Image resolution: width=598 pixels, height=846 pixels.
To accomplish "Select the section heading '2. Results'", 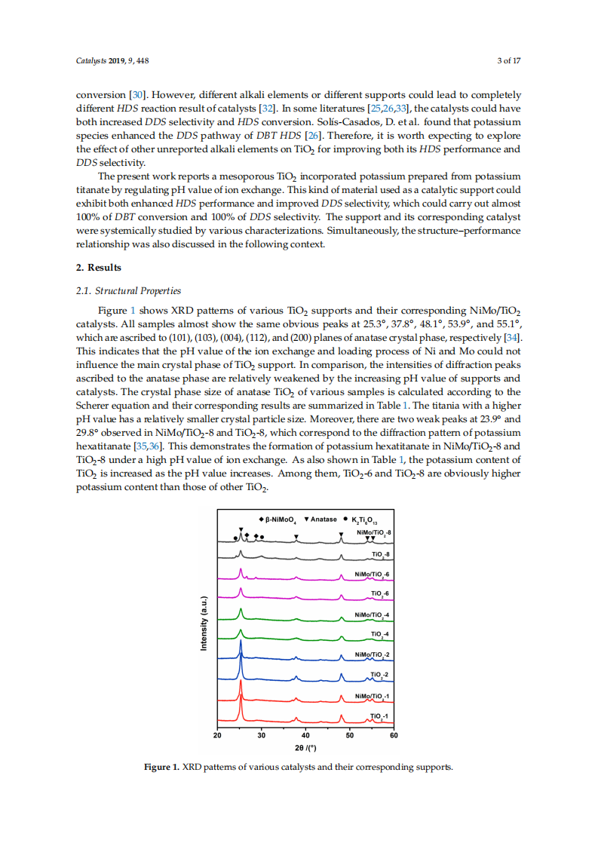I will click(x=99, y=268).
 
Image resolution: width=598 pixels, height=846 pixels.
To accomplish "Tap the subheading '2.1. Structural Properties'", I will click(x=129, y=291).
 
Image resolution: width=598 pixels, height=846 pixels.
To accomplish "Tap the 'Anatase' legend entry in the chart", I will click(x=324, y=520).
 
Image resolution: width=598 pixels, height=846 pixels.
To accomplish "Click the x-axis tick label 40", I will click(x=305, y=735).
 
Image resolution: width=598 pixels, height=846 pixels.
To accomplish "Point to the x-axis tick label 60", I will click(x=393, y=735).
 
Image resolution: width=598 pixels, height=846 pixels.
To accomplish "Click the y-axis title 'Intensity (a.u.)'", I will click(x=204, y=623).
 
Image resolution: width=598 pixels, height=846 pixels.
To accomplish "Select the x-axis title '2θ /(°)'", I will click(x=305, y=748).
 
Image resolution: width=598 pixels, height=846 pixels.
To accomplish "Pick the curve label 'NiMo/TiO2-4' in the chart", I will click(x=371, y=614).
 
